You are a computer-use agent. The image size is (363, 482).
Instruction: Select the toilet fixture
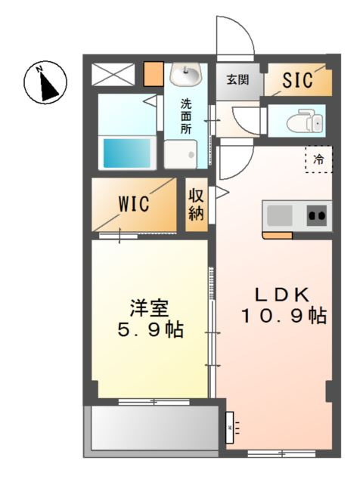(x=306, y=120)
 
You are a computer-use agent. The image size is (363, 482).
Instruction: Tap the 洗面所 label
(x=186, y=116)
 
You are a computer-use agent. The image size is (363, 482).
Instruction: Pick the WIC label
(x=133, y=204)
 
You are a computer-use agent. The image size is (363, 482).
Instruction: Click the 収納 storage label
(x=196, y=204)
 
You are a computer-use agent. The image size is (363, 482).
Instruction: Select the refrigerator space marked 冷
(x=319, y=159)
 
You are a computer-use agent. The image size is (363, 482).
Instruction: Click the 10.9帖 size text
(x=283, y=317)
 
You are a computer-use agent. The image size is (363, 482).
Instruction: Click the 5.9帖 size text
(x=148, y=331)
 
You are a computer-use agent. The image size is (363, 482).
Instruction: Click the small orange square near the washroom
(x=154, y=74)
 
